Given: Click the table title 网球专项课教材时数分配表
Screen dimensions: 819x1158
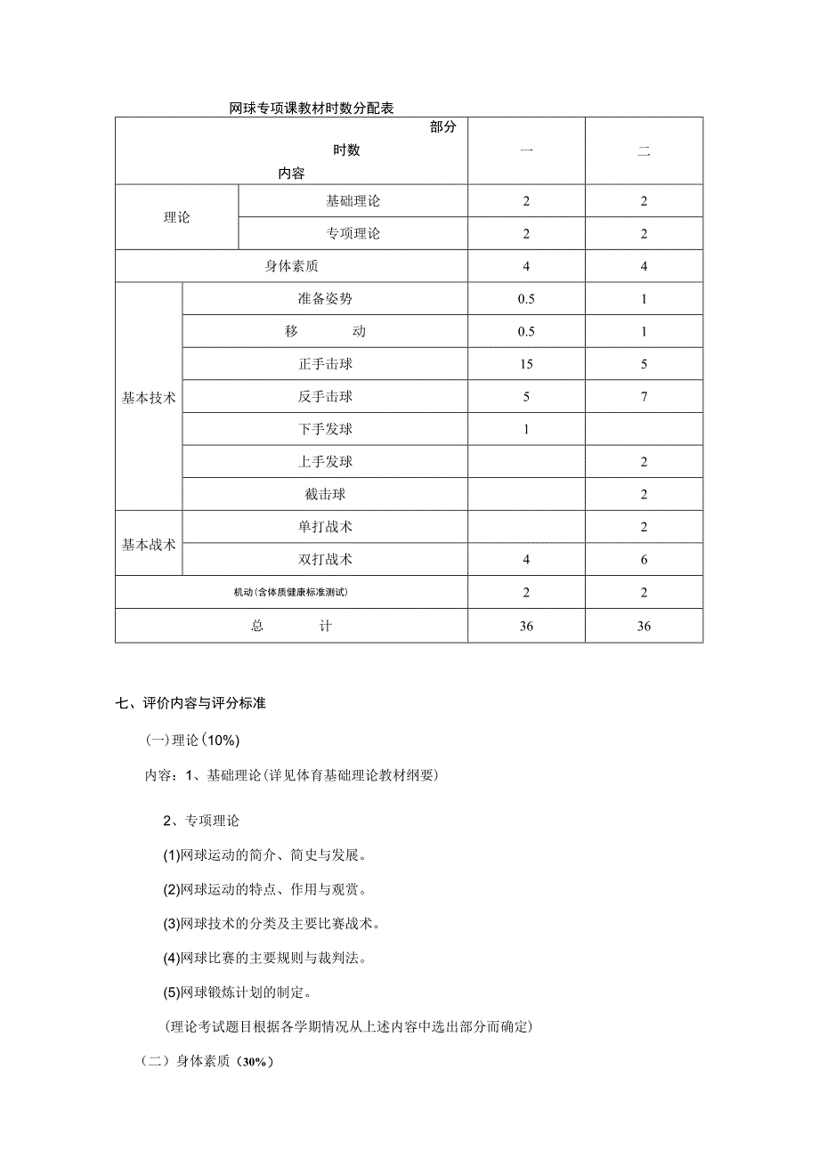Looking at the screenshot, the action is coord(312,109).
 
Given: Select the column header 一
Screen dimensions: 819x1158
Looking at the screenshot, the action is coord(526,151).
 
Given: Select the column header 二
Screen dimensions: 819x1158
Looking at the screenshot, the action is coord(644,151).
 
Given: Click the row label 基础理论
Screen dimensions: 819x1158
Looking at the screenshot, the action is coord(353,201).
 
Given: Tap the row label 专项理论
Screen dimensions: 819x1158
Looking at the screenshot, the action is coord(353,234).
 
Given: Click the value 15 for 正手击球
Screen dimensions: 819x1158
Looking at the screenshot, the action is coord(526,364).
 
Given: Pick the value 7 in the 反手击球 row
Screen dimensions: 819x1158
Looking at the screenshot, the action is coord(644,397).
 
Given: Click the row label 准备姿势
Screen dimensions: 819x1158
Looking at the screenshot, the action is coord(326,299).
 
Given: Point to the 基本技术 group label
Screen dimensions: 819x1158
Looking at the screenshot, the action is coord(149,398).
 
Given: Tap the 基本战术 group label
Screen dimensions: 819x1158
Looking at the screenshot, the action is coord(149,544).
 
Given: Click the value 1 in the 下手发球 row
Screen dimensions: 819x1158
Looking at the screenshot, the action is coord(526,430).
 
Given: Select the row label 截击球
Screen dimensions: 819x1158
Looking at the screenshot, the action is coord(326,495).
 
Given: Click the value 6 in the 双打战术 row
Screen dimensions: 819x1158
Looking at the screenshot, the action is coord(644,560).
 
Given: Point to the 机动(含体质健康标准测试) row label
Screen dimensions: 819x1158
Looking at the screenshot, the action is coord(291,593).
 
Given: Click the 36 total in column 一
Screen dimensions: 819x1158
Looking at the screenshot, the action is coord(526,627).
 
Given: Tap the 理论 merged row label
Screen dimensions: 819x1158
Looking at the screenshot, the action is coord(176,217).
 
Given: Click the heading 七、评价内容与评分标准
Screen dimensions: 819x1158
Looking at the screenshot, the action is coord(191,703).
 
